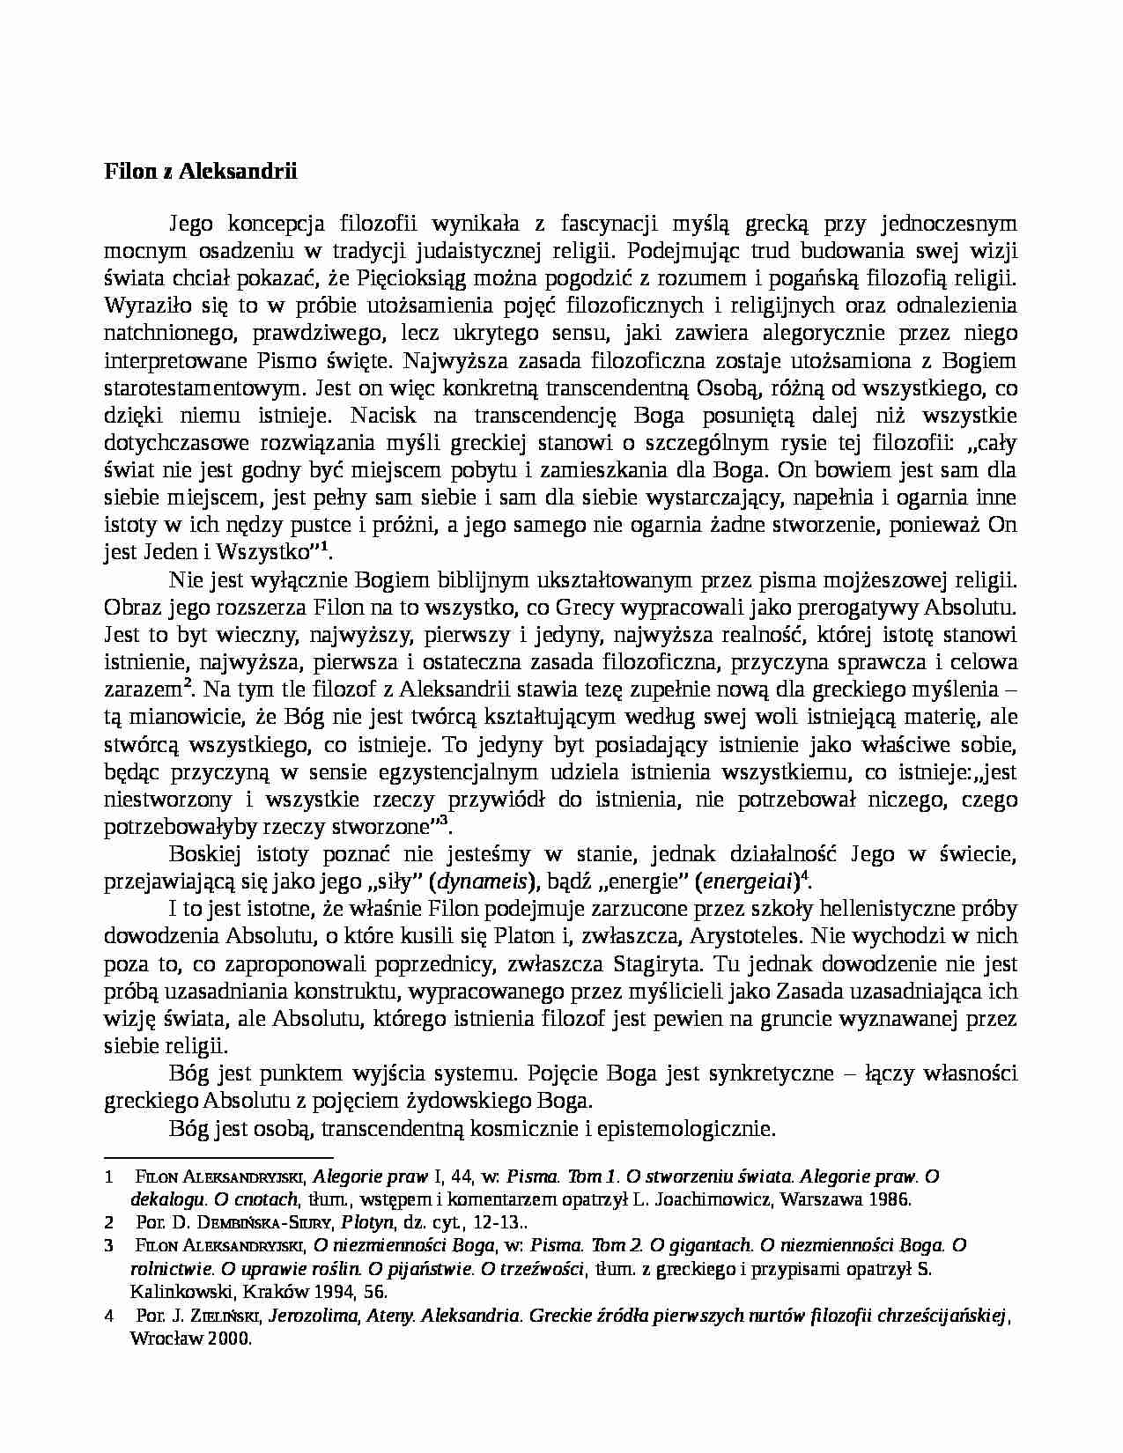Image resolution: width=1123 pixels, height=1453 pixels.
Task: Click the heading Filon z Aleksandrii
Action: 201,171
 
